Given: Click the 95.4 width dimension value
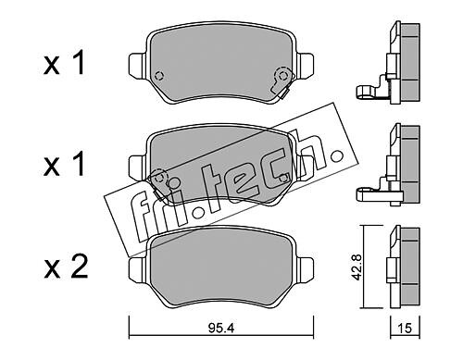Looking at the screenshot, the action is [x=221, y=329].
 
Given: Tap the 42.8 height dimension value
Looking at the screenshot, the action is [x=357, y=267].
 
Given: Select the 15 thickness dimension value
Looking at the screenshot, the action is [x=405, y=329].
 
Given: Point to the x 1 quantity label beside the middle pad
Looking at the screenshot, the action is [x=64, y=165].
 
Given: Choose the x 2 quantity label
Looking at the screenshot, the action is [x=66, y=267].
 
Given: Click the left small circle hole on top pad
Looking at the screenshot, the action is [x=158, y=76].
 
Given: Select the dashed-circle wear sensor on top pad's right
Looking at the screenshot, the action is [x=282, y=75].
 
